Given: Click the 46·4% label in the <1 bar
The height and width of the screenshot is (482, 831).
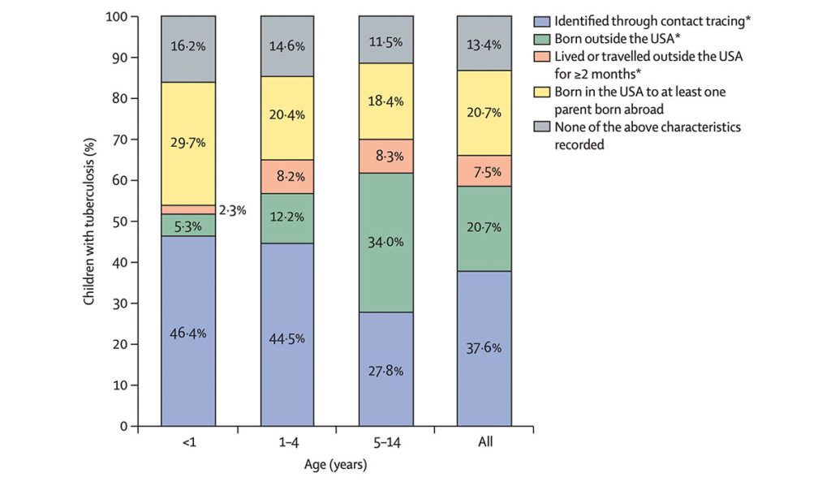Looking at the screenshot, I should (x=188, y=333).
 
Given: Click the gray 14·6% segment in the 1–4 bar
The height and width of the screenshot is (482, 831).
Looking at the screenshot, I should (x=287, y=46).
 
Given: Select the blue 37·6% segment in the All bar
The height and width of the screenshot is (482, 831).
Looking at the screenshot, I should (x=484, y=348).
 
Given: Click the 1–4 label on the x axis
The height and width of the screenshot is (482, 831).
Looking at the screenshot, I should (x=287, y=443).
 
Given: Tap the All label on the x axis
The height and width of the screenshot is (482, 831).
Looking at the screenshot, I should (x=484, y=443).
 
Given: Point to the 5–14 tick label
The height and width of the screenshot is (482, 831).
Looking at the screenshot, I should (x=385, y=443).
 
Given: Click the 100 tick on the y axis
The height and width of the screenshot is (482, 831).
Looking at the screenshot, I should (x=118, y=16).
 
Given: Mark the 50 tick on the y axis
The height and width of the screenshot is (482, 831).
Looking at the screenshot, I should (x=121, y=222).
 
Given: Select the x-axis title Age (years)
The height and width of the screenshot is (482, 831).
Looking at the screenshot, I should (x=336, y=465).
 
